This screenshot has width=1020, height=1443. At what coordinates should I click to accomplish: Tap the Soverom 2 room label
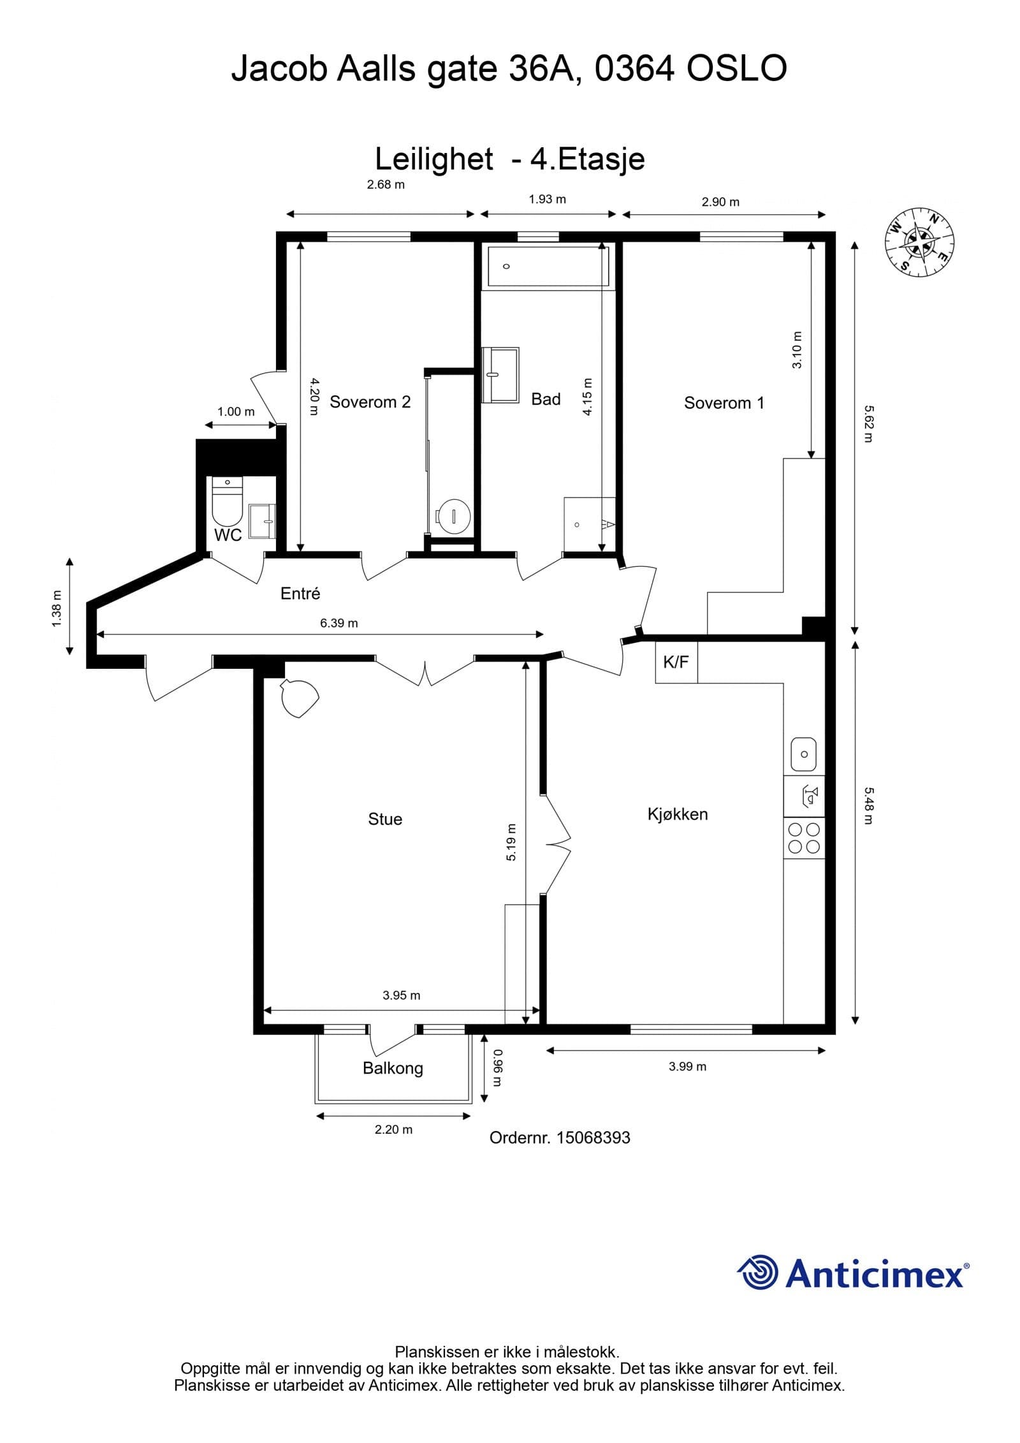(370, 402)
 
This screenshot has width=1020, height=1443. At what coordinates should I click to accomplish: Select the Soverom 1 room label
(724, 402)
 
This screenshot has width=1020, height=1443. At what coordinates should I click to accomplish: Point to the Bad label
(546, 399)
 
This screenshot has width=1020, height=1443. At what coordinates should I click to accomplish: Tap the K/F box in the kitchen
(676, 662)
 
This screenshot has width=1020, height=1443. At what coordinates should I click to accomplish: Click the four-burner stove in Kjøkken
(803, 838)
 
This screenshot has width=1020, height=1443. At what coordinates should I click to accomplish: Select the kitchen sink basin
(804, 754)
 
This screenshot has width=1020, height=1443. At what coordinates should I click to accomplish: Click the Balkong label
(393, 1068)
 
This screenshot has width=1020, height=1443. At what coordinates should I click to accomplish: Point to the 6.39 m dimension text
(339, 623)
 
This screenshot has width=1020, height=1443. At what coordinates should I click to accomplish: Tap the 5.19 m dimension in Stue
(511, 842)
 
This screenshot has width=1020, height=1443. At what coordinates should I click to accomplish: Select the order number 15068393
(593, 1138)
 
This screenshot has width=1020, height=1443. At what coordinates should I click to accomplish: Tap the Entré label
(300, 593)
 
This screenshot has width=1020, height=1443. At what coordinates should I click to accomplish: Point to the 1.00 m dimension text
(236, 411)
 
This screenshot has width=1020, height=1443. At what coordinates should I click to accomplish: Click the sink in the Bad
(500, 375)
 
